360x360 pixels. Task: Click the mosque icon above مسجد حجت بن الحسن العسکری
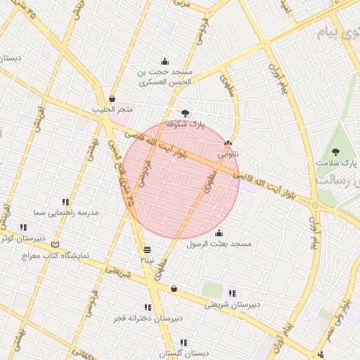pos(165,61)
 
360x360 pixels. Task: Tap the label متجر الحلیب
pos(112,110)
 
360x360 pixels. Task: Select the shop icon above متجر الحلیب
pos(112,99)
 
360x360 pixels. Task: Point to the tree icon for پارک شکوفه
pos(185,112)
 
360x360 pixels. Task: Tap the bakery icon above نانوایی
pos(227,143)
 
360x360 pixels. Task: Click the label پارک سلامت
pos(337,162)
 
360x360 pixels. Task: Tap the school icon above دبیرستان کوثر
pos(23,227)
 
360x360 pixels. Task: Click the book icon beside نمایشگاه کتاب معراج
pos(56,244)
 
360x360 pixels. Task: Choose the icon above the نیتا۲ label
pos(147,250)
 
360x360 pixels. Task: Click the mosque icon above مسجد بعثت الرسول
pos(219,233)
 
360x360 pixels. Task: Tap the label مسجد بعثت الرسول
pos(219,244)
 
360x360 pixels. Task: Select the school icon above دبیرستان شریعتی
pos(232,293)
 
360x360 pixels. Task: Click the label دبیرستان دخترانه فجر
pos(148,318)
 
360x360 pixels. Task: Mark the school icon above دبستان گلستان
pos(183,342)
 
